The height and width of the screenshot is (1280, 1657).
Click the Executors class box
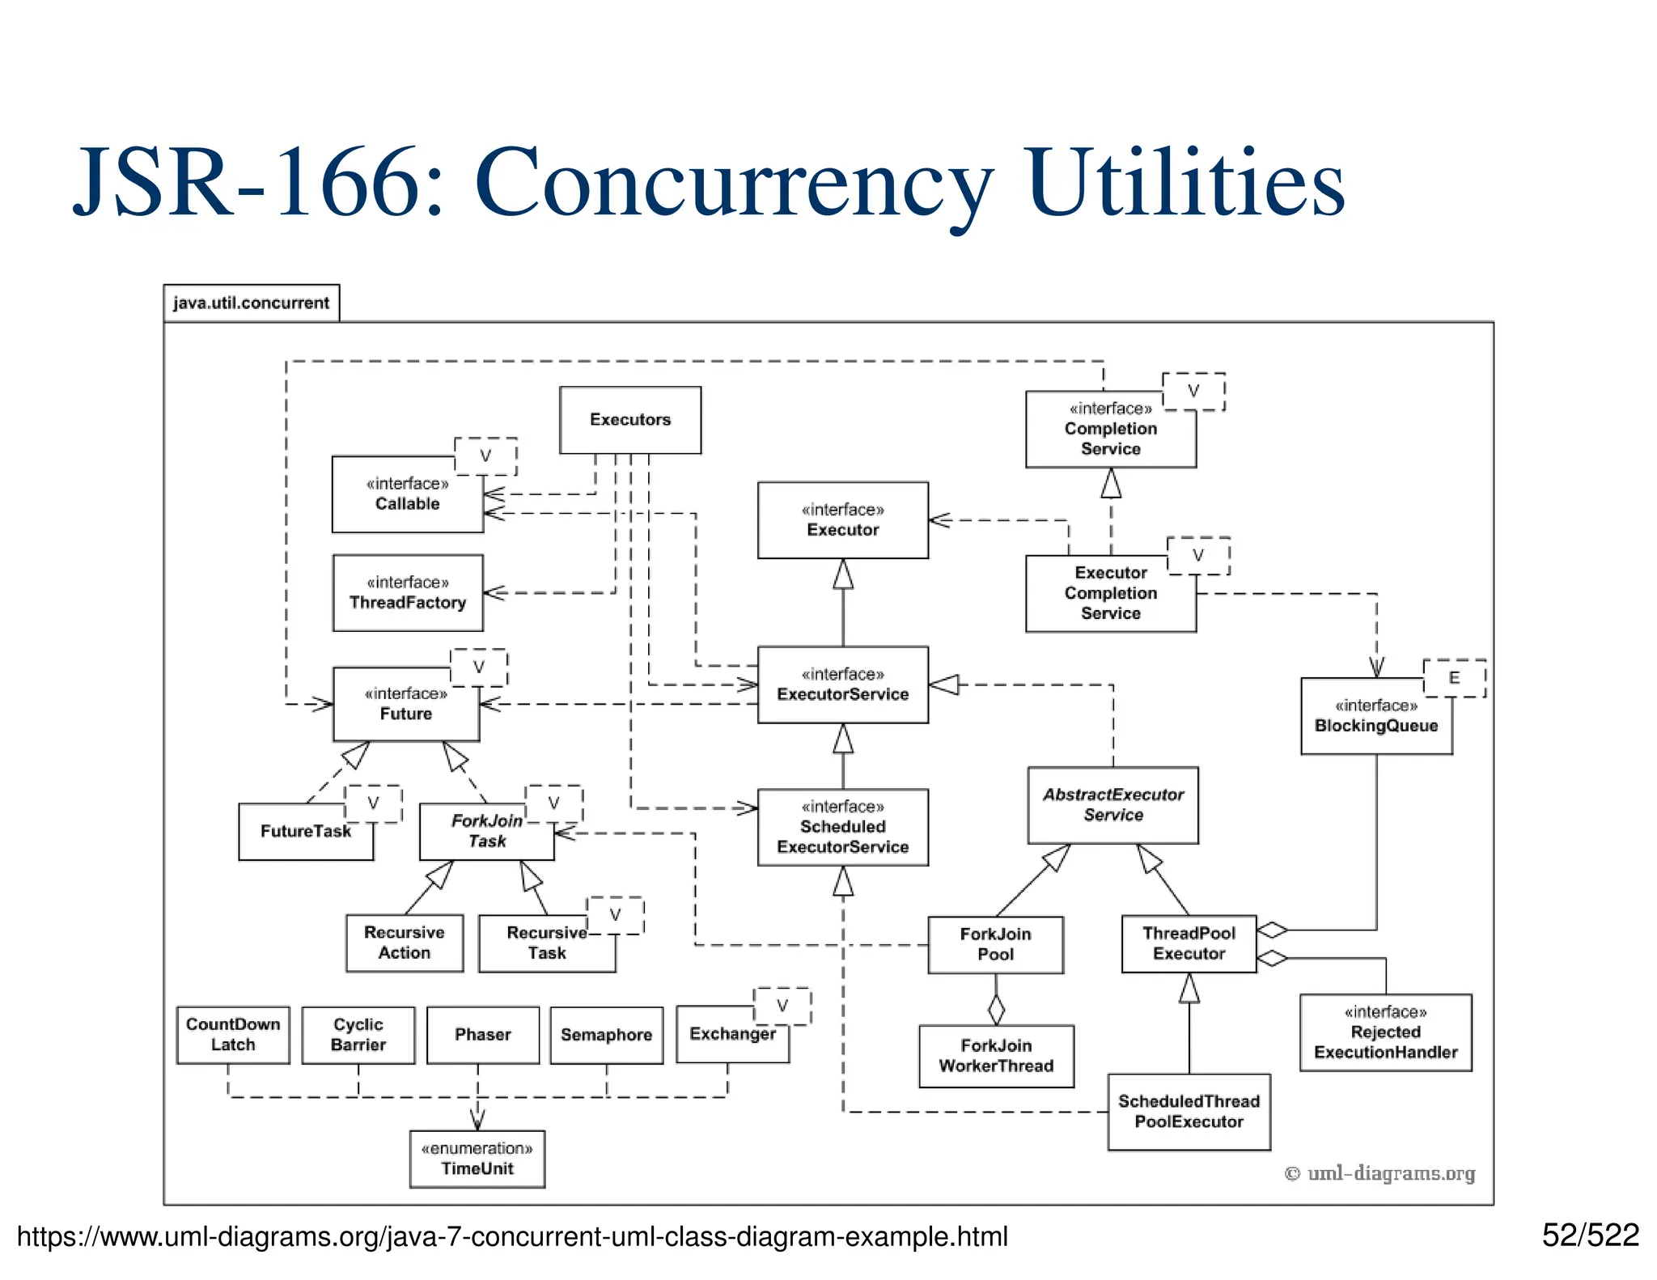tap(630, 420)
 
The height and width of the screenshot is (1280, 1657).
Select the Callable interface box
tap(407, 494)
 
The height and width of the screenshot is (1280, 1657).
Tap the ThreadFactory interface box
tap(408, 593)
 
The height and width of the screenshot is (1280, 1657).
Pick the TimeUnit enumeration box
tap(477, 1159)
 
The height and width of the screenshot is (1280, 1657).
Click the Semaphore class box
tap(606, 1035)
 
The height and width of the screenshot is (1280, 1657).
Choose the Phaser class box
tap(483, 1035)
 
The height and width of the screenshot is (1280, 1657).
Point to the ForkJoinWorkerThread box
tap(996, 1056)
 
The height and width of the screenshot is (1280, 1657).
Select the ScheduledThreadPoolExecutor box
tap(1189, 1112)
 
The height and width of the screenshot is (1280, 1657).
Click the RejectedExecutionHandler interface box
tap(1385, 1032)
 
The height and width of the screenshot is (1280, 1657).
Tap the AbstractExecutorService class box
tap(1112, 805)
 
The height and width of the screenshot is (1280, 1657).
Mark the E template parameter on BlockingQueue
tap(1454, 678)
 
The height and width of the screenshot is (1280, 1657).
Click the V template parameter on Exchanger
tap(782, 1006)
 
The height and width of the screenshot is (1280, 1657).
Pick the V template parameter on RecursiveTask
tap(615, 915)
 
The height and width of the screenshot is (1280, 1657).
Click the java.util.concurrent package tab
tap(251, 303)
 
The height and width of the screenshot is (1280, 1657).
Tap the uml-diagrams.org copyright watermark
tap(1379, 1173)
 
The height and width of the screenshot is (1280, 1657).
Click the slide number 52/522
tap(1590, 1235)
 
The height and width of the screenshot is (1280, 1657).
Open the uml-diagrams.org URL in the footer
tap(512, 1237)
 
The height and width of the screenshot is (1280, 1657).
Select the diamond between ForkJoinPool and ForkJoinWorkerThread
tap(996, 1009)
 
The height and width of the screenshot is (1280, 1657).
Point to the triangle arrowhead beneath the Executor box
tap(843, 574)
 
